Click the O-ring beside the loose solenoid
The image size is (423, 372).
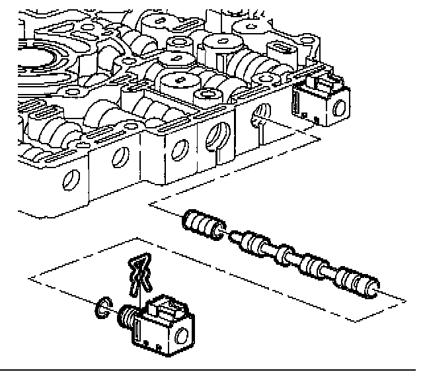(x=101, y=306)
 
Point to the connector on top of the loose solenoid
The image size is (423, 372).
(x=165, y=307)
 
